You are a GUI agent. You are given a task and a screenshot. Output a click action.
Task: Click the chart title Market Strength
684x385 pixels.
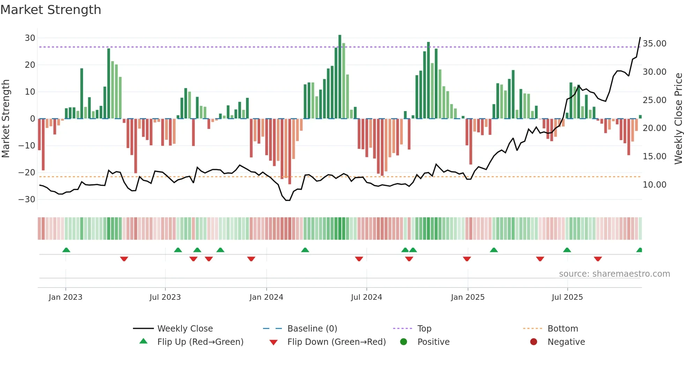51,10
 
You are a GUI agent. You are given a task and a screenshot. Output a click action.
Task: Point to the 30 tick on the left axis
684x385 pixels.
30,38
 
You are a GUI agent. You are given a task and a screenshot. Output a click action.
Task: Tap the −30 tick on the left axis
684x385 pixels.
27,199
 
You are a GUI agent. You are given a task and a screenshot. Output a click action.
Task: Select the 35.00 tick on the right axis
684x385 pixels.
654,44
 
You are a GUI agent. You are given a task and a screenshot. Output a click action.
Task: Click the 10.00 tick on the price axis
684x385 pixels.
654,184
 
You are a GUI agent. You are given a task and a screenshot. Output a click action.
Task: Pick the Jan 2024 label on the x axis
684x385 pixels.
266,297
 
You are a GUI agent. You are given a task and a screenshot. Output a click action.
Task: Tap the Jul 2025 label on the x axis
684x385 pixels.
567,297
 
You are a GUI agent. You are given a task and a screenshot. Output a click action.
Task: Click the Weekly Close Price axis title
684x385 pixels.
678,118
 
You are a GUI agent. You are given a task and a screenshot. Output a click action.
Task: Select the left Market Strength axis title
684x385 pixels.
6,118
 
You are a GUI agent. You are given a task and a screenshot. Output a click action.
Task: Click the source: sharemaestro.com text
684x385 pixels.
614,274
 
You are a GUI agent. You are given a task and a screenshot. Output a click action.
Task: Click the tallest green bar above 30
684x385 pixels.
340,77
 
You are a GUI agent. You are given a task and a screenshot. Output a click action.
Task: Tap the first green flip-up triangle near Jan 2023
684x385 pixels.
66,250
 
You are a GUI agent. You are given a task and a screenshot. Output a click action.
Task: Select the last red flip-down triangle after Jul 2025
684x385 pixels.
598,259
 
